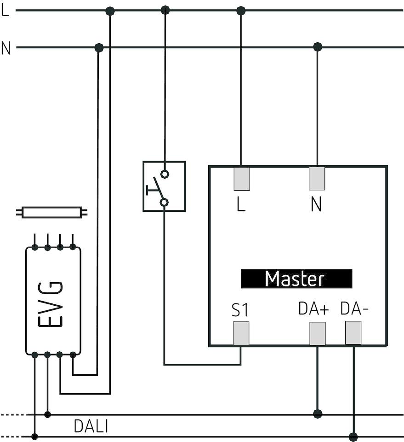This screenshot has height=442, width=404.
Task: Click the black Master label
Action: point(296,279)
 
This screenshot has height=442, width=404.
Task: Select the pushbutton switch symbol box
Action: point(164,186)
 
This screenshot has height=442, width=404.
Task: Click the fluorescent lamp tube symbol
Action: point(51,213)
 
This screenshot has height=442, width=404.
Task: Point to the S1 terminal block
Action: point(241,333)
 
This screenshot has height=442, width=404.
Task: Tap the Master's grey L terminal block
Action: point(242,178)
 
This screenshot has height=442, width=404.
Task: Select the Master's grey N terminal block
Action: point(317,178)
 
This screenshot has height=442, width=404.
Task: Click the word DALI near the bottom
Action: point(91,426)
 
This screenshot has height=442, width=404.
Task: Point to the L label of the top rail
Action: point(5,11)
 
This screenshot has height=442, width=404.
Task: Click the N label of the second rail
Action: point(6,48)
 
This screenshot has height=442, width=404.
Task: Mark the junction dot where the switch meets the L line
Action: point(165,10)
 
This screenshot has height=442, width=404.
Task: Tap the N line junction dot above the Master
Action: point(317,47)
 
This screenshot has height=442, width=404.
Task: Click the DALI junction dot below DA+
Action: point(317,414)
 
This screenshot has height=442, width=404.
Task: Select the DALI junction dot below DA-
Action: point(353,436)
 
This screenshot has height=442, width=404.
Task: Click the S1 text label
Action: point(240,311)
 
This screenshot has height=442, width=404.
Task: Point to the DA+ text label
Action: point(313,309)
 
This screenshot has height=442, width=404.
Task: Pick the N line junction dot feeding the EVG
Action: point(98,47)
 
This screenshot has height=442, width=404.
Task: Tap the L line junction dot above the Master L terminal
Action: point(241,10)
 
